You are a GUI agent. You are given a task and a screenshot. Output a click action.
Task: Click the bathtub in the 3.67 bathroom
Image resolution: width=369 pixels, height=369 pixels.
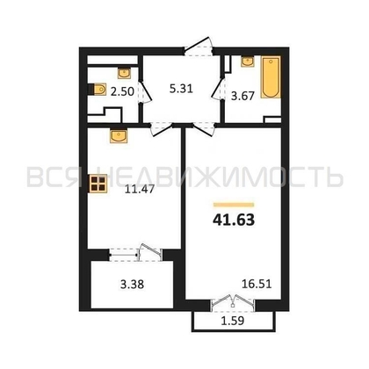[x=271, y=77]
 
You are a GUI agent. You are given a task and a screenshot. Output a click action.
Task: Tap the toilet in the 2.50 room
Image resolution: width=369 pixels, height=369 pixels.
[x=98, y=90]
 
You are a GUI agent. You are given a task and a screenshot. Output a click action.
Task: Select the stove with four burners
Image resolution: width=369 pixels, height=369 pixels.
[x=98, y=184]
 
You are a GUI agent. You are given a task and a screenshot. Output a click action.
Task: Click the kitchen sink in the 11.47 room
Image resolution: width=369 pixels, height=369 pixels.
[x=119, y=136]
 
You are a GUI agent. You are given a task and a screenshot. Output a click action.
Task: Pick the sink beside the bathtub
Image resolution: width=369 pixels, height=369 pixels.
[x=248, y=61]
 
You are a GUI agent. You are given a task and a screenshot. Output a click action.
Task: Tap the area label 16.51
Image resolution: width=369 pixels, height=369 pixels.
[x=257, y=284]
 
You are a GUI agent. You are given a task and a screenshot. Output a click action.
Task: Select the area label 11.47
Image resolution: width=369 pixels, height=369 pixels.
[x=140, y=190]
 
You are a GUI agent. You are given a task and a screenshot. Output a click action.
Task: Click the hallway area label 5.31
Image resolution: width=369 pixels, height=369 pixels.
[x=181, y=89]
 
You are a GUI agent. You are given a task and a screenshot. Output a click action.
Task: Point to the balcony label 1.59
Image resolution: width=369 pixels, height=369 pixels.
[x=233, y=321]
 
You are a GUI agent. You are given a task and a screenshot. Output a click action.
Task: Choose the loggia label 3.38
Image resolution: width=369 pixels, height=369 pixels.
[x=132, y=285]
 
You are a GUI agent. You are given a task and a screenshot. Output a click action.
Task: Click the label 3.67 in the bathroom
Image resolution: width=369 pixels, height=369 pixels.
[x=242, y=96]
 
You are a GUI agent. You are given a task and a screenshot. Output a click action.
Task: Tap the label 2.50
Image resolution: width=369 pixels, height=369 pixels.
[x=122, y=91]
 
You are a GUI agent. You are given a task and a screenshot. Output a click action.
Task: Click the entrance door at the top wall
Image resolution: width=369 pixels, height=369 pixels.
[x=199, y=47]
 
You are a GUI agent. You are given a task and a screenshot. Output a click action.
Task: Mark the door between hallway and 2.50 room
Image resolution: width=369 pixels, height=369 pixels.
[x=145, y=91]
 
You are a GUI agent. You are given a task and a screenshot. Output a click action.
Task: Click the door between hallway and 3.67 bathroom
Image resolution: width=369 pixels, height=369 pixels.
[x=218, y=90]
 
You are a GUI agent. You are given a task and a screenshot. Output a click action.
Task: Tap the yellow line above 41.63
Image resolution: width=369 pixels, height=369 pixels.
[x=234, y=205]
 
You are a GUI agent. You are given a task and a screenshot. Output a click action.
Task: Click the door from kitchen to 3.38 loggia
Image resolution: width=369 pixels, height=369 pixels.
[x=135, y=252]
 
